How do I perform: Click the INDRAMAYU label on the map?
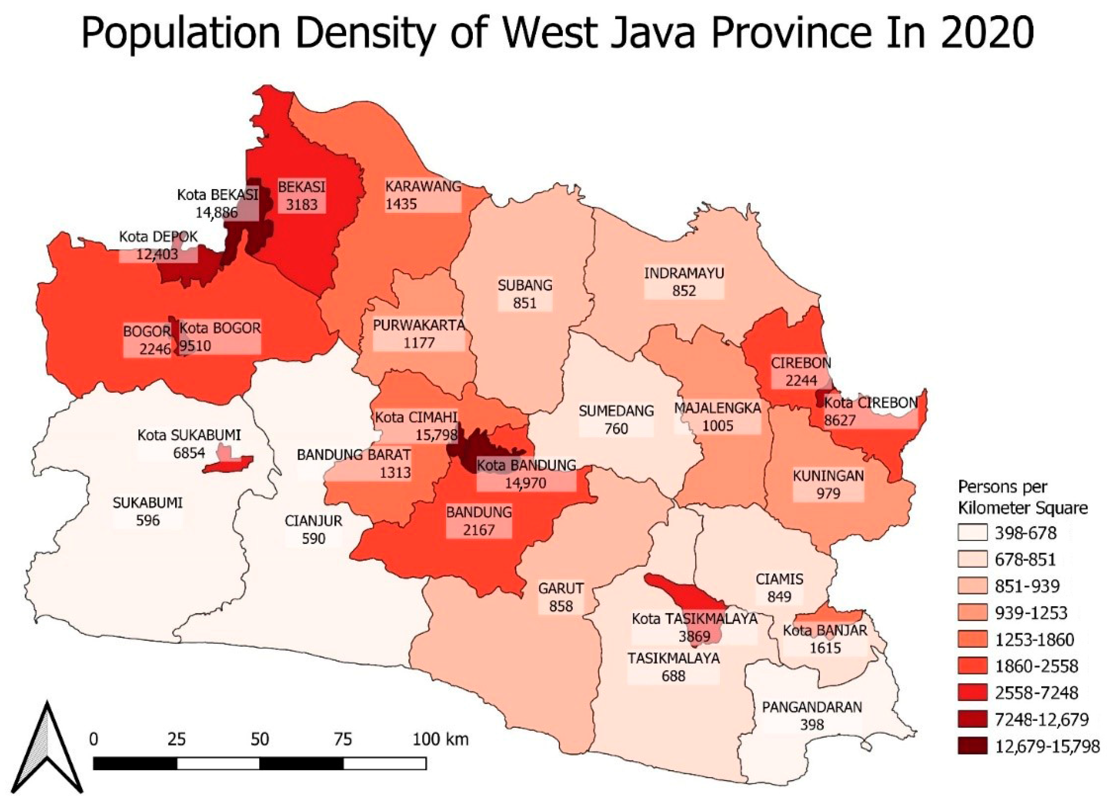point(684,273)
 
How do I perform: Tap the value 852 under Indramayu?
point(684,291)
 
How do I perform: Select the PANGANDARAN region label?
point(812,707)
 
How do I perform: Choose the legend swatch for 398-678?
point(972,533)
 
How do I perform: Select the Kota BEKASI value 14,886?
point(217,212)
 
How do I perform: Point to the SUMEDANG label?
point(616,411)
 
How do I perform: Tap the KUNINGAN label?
point(828,476)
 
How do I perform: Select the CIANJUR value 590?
point(313,539)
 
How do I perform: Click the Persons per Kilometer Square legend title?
point(1022,497)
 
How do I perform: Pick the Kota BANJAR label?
point(825,630)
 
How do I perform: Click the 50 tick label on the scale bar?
point(260,740)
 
